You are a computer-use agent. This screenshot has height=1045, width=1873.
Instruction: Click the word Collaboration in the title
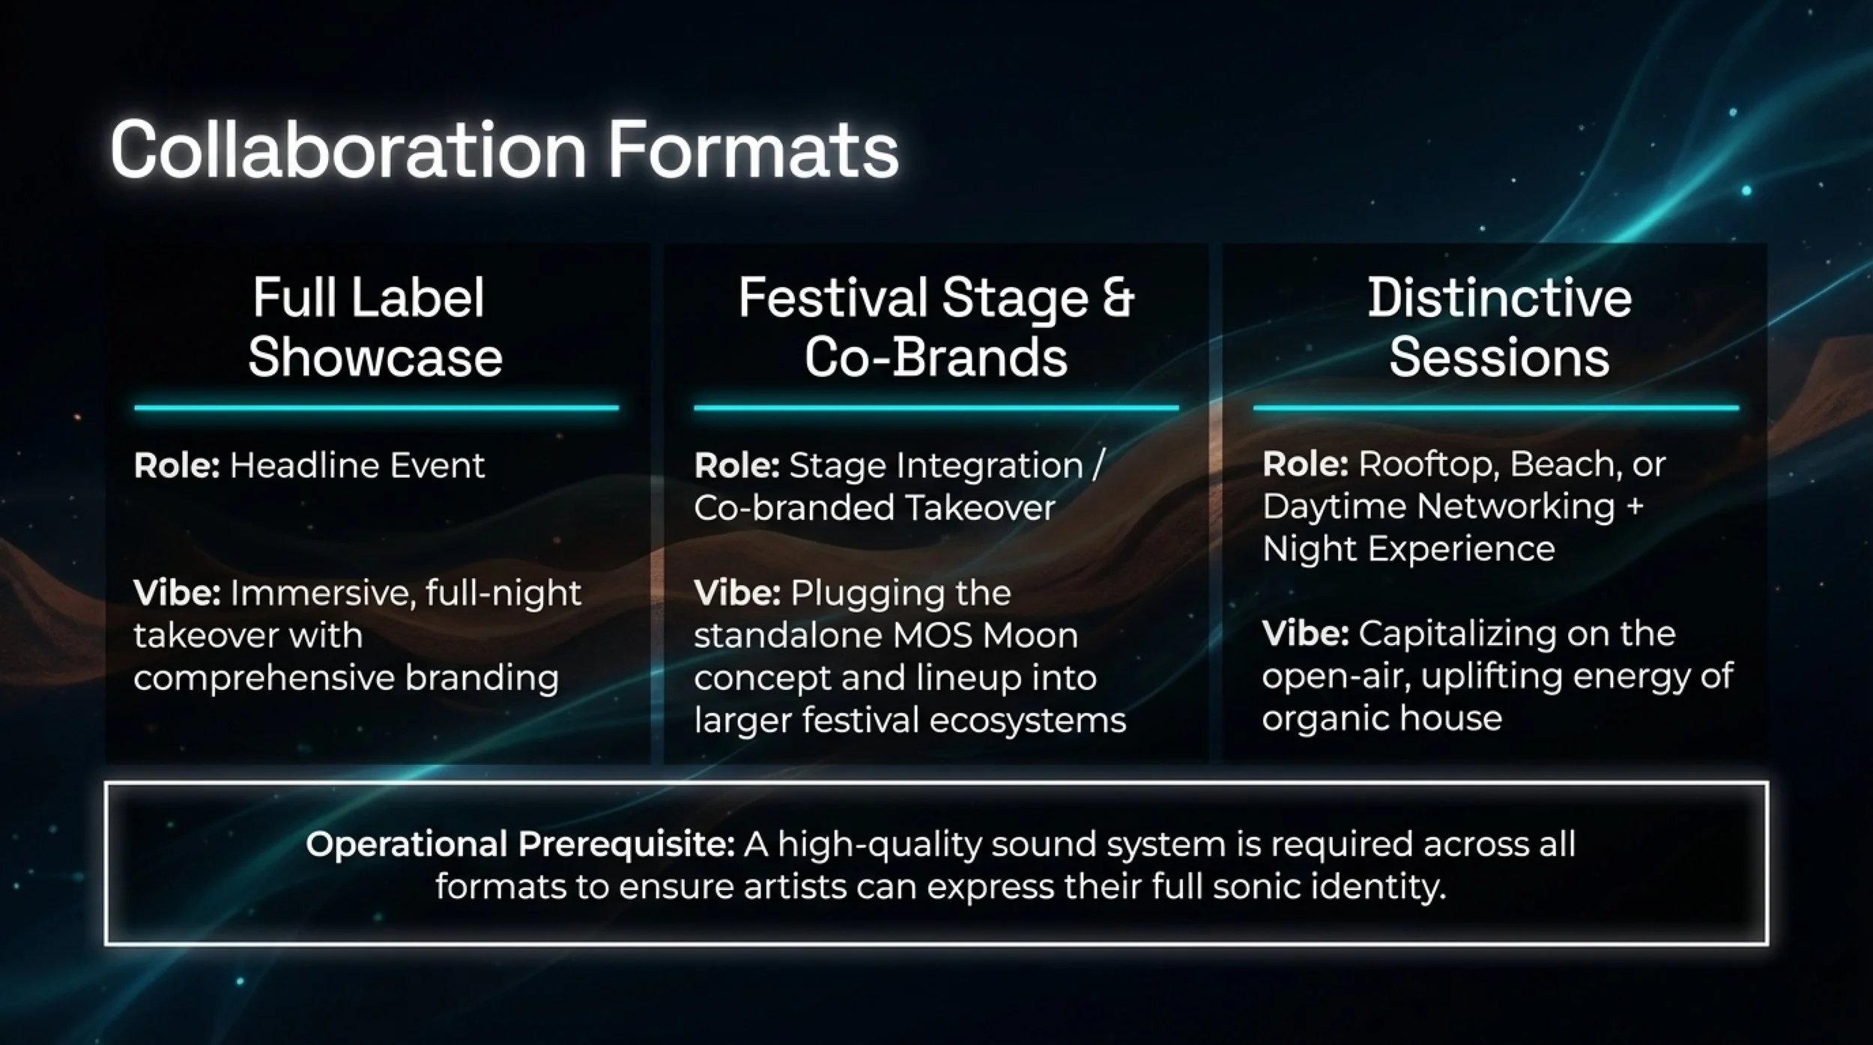348,150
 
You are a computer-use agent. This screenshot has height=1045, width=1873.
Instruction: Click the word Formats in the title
753,150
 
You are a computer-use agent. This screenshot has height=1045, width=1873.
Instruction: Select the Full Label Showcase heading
375,327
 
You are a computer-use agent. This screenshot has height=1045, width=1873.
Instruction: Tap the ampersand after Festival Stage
1118,298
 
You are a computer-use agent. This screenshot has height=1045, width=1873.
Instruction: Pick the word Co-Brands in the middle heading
936,357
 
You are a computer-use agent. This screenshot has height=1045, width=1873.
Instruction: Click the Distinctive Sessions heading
1499,327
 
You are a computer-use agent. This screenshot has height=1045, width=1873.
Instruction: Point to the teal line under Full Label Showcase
376,408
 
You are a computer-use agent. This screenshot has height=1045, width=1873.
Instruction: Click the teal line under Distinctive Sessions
1495,408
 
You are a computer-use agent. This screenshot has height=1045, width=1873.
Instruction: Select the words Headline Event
357,465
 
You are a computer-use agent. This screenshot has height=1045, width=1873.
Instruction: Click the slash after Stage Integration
1098,466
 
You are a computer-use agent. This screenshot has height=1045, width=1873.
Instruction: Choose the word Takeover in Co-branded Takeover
980,508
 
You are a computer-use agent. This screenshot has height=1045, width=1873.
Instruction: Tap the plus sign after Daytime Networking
1635,506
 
